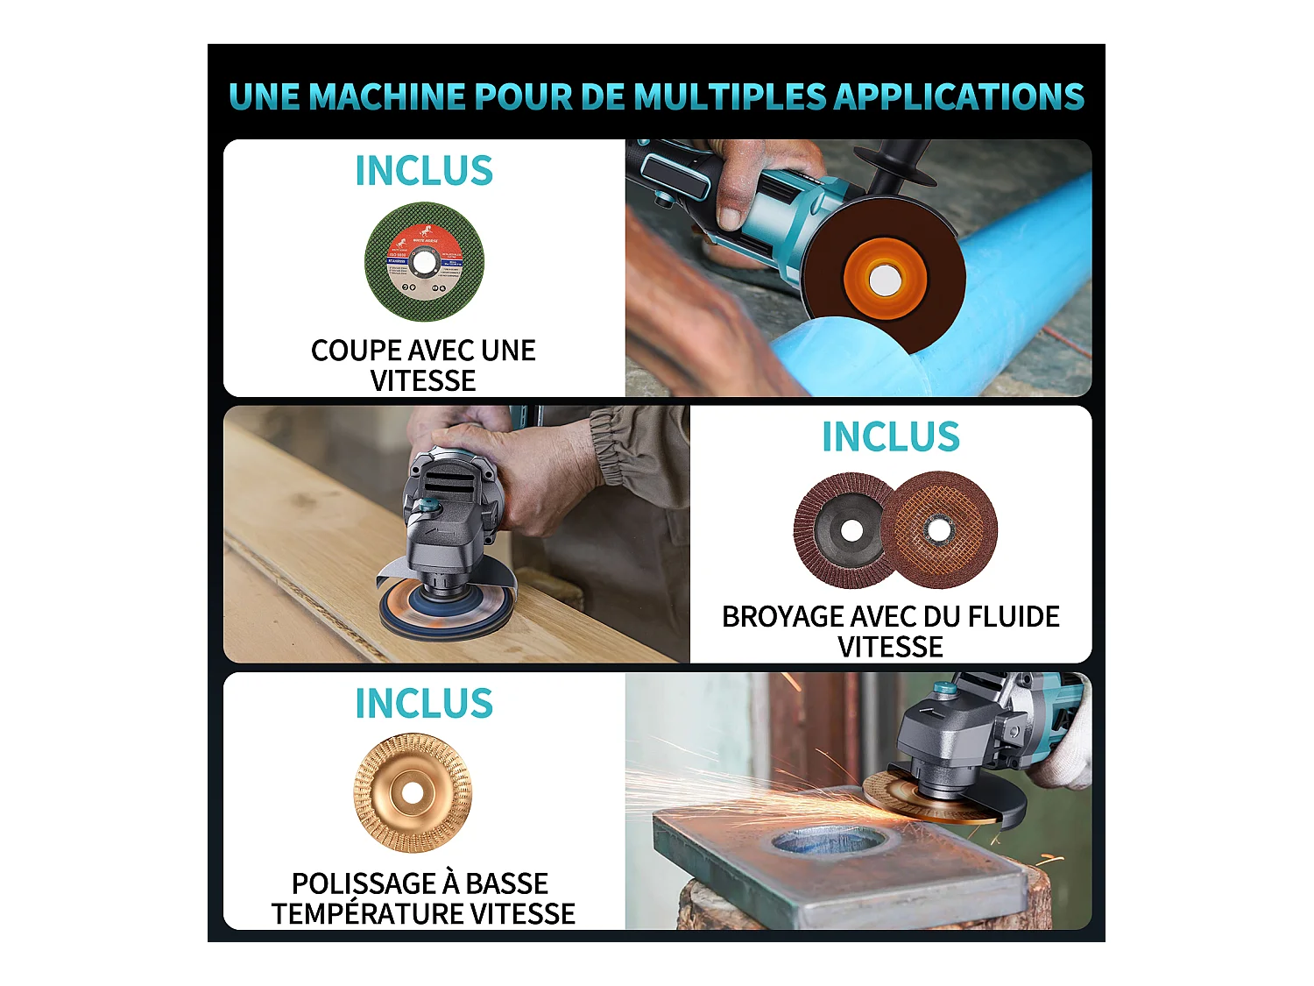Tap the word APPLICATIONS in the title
pyautogui.click(x=958, y=96)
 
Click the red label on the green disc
pyautogui.click(x=424, y=238)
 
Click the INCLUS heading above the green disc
pyautogui.click(x=424, y=171)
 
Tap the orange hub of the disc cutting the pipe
pyautogui.click(x=883, y=280)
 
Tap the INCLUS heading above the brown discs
pyautogui.click(x=890, y=437)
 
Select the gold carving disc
pyautogui.click(x=413, y=793)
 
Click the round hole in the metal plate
pyautogui.click(x=829, y=842)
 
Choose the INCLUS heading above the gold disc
pyautogui.click(x=424, y=704)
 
